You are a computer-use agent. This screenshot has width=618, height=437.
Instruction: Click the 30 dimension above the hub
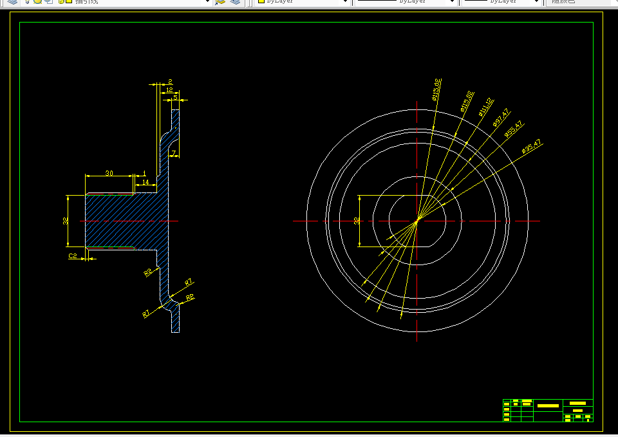(x=109, y=173)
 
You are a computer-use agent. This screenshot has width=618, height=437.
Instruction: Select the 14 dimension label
(x=145, y=183)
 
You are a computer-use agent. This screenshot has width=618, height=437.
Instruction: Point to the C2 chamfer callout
(x=73, y=256)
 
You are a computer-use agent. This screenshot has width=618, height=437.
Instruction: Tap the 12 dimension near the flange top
(x=169, y=91)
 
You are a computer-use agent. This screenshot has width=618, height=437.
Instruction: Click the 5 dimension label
(x=175, y=97)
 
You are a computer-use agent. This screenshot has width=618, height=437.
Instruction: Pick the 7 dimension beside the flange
(x=173, y=153)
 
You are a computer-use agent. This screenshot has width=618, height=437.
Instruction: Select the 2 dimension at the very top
(x=169, y=82)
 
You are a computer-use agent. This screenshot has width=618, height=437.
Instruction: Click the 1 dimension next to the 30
(x=144, y=173)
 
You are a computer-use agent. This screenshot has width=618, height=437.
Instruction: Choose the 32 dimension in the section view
(x=66, y=220)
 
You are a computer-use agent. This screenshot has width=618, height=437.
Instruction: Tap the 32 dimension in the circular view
(x=357, y=220)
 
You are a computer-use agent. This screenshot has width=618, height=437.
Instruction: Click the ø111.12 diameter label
(x=485, y=107)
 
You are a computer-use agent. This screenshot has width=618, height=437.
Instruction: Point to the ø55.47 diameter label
(x=513, y=129)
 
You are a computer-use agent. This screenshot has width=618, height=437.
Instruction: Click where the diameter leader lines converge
(x=417, y=219)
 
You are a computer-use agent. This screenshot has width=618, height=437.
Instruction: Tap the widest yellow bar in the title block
(x=548, y=405)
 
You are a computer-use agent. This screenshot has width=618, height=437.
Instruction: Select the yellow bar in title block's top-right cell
(x=577, y=403)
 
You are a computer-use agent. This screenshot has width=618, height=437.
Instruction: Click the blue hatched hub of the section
(x=122, y=220)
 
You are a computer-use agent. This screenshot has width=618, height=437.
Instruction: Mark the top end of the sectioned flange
(x=175, y=111)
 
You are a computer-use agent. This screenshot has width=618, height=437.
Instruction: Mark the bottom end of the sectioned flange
(x=175, y=331)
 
